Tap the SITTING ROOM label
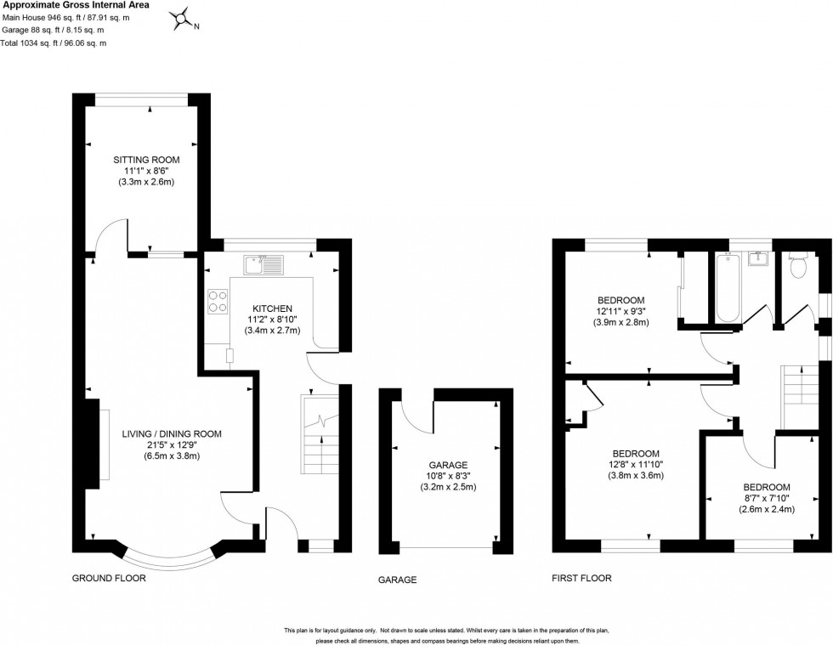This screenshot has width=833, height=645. [147, 159]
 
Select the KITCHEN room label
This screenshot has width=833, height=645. [271, 308]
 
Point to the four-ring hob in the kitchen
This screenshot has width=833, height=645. [217, 303]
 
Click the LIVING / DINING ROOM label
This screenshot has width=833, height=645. [159, 433]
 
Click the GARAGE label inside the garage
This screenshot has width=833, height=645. [448, 465]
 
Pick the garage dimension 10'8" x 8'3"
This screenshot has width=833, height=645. [448, 476]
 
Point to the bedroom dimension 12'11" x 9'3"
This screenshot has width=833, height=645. [620, 311]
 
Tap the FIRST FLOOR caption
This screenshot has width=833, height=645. [582, 579]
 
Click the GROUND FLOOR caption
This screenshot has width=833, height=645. [109, 578]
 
